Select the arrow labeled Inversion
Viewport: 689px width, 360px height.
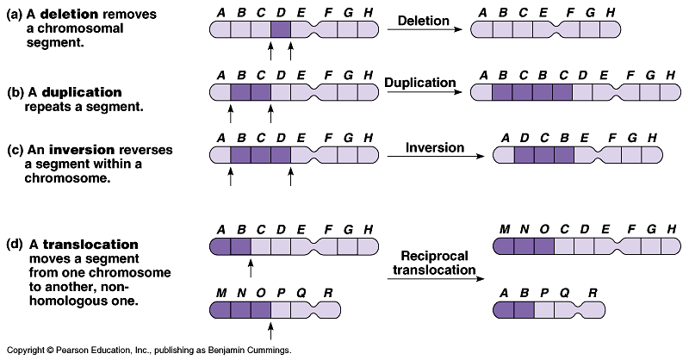pyautogui.click(x=435, y=156)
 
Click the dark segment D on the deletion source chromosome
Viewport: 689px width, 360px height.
pyautogui.click(x=281, y=30)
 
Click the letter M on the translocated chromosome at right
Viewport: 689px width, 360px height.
pyautogui.click(x=506, y=229)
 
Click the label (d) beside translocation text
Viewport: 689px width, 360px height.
pyautogui.click(x=16, y=245)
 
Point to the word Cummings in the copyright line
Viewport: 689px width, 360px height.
pyautogui.click(x=266, y=351)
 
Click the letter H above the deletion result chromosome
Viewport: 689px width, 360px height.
pyautogui.click(x=610, y=14)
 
